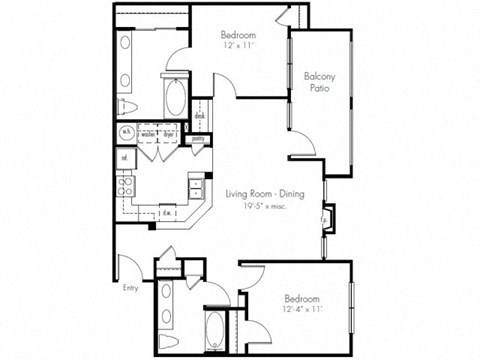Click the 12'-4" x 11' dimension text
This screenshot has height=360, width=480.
(x=301, y=311)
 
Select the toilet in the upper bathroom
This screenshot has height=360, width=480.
(x=129, y=108)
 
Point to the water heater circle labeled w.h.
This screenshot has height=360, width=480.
(x=127, y=132)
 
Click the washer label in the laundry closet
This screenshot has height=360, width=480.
(x=147, y=132)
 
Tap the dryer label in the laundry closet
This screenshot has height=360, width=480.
(x=169, y=132)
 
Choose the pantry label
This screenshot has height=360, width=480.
(x=198, y=139)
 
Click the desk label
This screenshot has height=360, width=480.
(x=200, y=116)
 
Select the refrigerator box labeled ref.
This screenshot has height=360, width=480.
(x=125, y=158)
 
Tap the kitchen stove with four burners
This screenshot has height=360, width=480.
(x=127, y=184)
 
